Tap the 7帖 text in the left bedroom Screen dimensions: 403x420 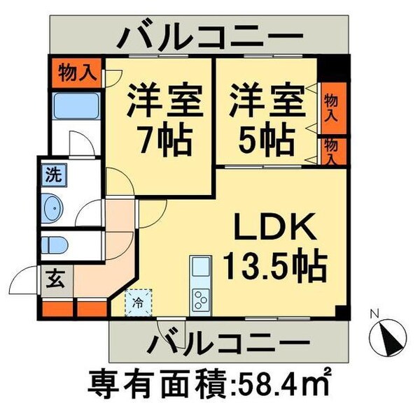[x=165, y=140]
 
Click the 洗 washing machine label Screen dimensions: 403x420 [x=54, y=175]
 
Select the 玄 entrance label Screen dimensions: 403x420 [x=54, y=281]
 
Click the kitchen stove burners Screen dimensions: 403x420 [x=199, y=300]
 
